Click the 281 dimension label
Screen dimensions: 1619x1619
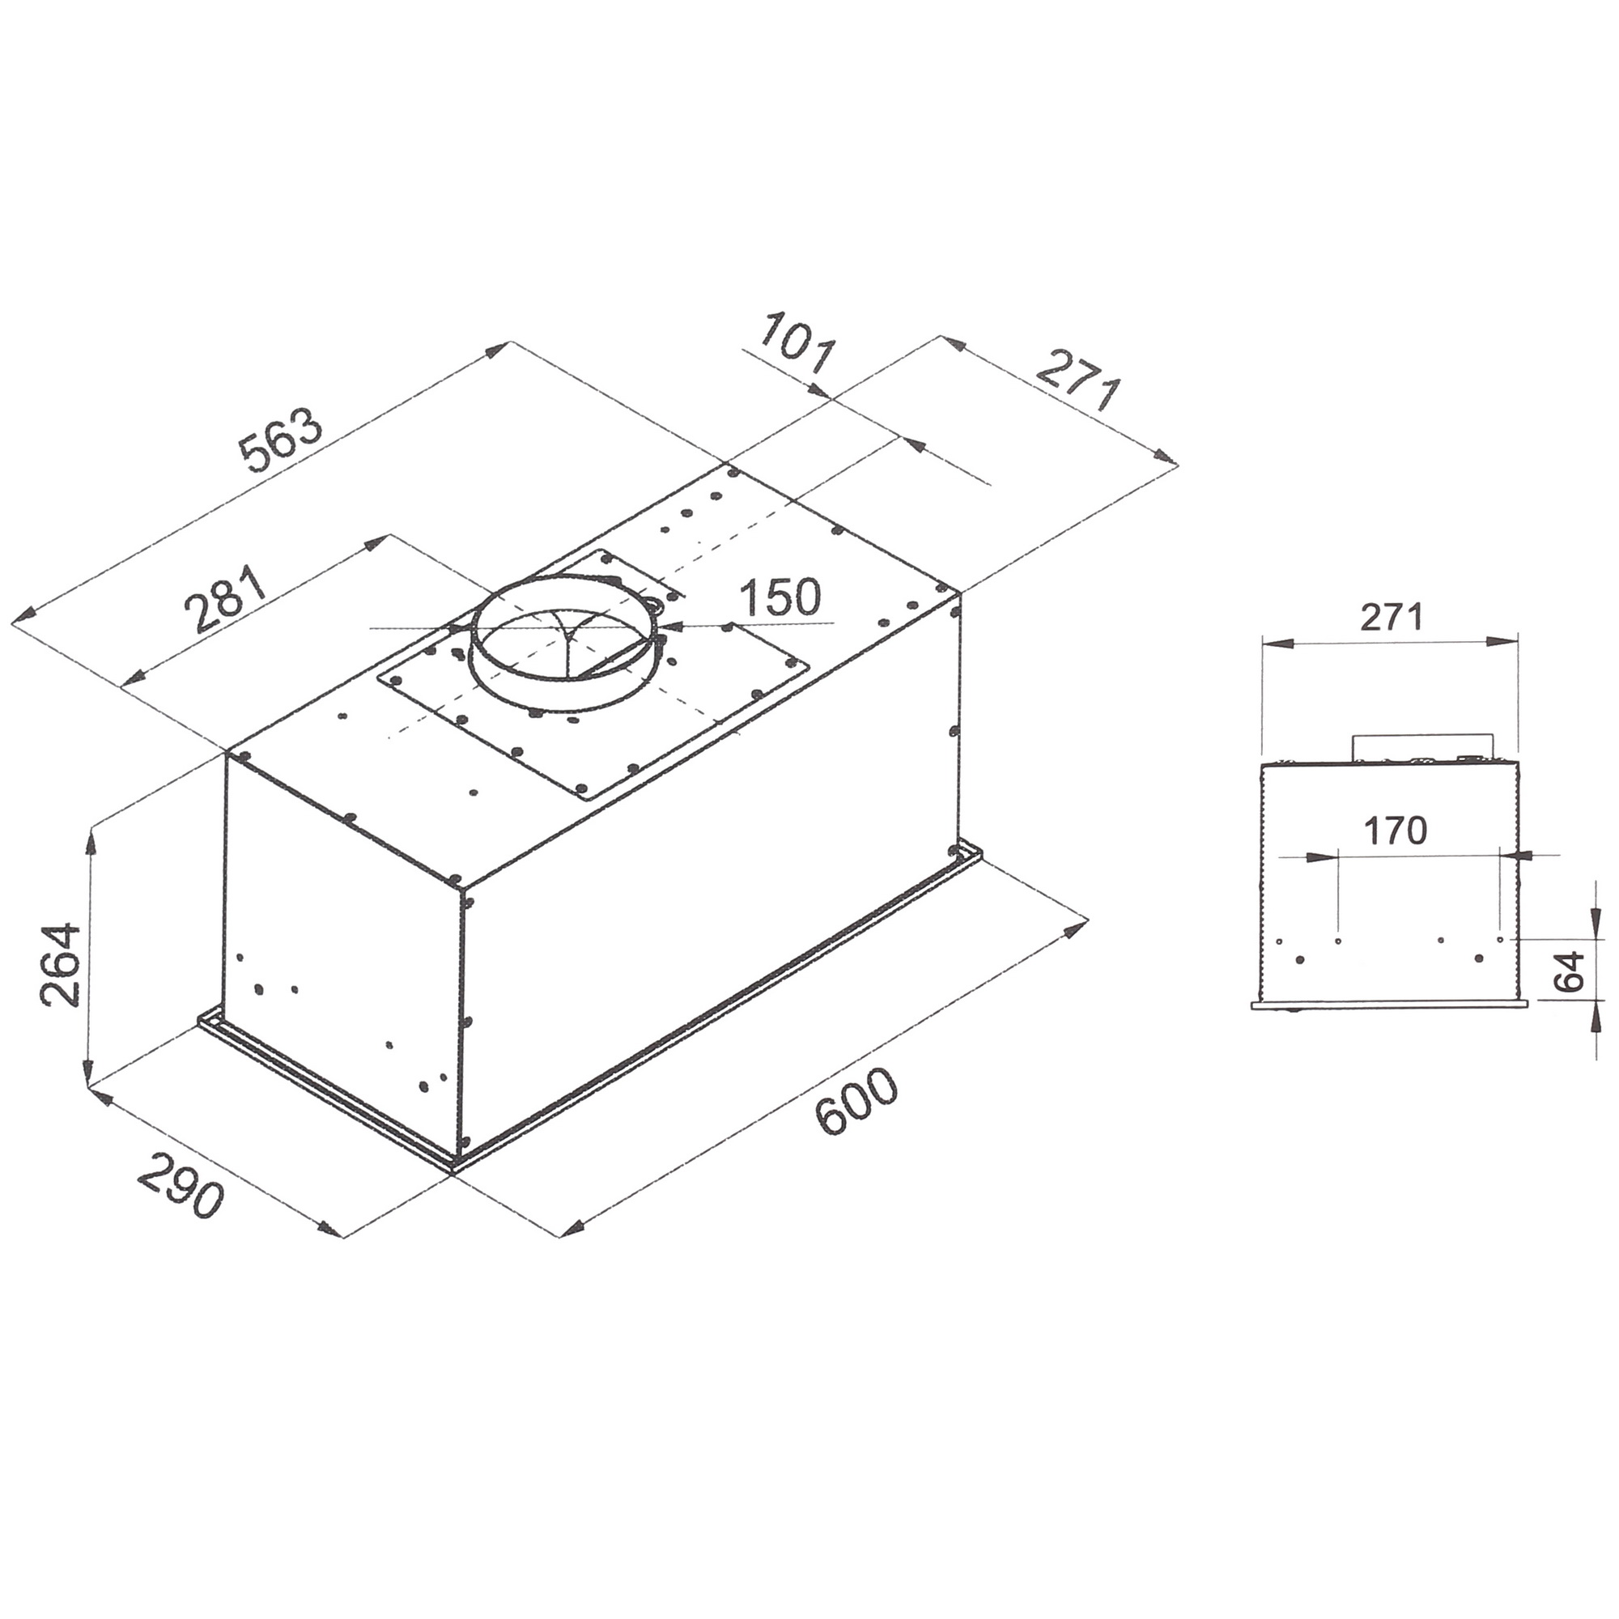point(225,600)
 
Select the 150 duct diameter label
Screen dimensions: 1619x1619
point(780,598)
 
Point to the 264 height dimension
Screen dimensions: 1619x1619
point(61,965)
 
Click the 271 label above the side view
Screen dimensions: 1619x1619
point(1391,618)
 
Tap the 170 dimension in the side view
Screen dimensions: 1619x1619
point(1396,831)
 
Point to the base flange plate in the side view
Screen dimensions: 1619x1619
point(1388,1004)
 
